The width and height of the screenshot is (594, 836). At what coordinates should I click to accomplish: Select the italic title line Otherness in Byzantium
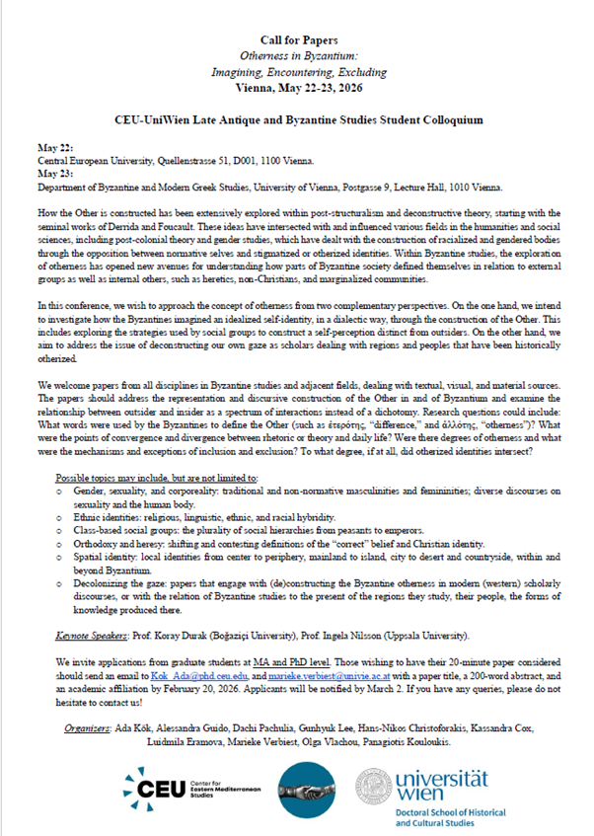pyautogui.click(x=296, y=57)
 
